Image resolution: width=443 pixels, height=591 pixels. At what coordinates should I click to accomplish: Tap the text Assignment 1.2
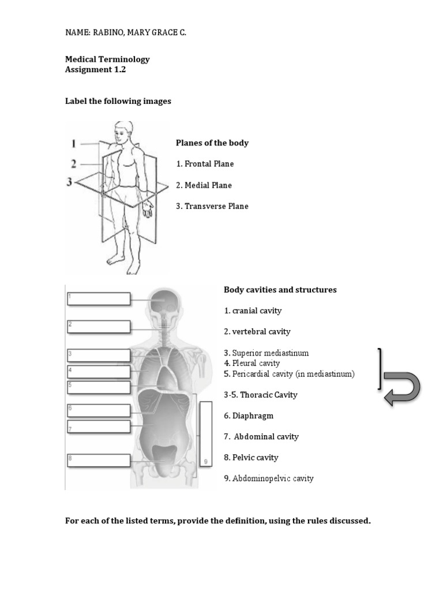95,70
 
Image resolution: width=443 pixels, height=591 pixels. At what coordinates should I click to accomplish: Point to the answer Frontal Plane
205,164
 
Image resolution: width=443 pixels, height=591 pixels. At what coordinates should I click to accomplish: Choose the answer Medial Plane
204,185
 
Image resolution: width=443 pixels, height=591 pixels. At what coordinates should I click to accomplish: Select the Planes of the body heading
212,143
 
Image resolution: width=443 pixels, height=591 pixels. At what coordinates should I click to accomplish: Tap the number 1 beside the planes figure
73,143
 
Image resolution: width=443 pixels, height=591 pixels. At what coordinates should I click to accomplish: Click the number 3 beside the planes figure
70,182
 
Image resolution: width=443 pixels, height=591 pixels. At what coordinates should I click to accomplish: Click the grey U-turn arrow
401,388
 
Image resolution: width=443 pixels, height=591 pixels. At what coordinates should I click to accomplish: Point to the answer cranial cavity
253,311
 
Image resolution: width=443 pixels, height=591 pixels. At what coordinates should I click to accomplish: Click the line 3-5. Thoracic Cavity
261,395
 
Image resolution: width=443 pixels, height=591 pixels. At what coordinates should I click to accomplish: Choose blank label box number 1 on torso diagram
98,298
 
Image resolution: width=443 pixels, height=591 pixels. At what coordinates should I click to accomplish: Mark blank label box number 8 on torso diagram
98,461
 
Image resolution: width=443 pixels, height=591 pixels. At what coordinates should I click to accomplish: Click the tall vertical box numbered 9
205,433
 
